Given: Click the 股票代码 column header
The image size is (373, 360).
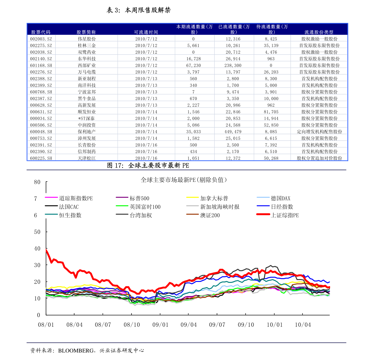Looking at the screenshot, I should tap(41, 32).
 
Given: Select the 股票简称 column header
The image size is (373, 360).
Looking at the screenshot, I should tap(86, 32).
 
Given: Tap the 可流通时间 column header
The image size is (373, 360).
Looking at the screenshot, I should tap(146, 32).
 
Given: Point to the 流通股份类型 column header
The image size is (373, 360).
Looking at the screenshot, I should tap(319, 32).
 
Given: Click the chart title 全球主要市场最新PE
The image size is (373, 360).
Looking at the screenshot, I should tap(184, 180).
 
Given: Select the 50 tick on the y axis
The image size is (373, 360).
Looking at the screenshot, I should tap(37, 232).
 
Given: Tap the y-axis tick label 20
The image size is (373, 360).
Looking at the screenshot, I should tap(37, 282).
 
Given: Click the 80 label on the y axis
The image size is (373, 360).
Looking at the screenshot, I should tap(37, 182).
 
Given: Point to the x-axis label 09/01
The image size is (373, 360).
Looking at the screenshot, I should tap(160, 325).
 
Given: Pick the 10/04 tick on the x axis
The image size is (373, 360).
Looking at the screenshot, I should tap(303, 325).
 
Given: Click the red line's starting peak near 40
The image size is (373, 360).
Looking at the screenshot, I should tap(46, 250).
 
